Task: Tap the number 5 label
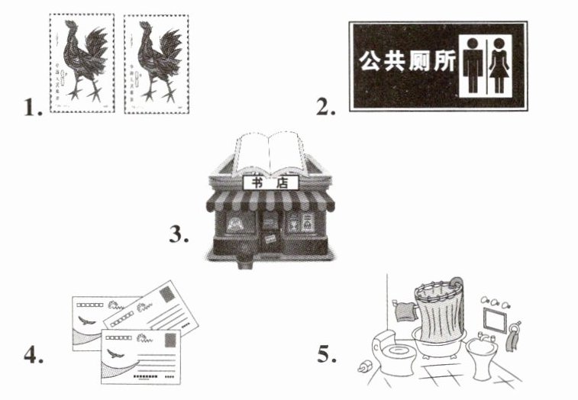coord(327,355)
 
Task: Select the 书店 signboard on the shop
coord(271,182)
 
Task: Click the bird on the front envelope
coord(115,353)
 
